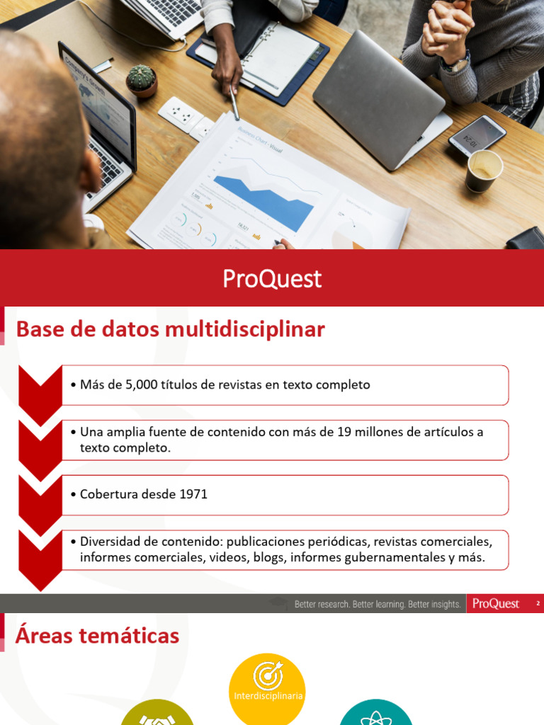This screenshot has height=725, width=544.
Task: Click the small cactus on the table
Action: (142, 80)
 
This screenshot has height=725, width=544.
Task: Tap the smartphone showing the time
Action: (477, 134)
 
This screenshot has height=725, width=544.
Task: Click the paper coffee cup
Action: (484, 171)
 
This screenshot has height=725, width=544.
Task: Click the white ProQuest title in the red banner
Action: (272, 279)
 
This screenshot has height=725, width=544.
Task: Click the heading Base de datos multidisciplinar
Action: (170, 329)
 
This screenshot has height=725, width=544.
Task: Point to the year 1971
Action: (193, 494)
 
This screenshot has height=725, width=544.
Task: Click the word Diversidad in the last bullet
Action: (109, 542)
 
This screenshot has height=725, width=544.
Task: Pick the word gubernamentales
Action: (394, 557)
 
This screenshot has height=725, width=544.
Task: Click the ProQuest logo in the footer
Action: (496, 604)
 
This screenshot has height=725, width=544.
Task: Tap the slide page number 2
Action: (538, 604)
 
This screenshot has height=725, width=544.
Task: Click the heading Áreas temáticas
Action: (97, 636)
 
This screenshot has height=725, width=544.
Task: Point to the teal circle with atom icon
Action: (375, 712)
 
